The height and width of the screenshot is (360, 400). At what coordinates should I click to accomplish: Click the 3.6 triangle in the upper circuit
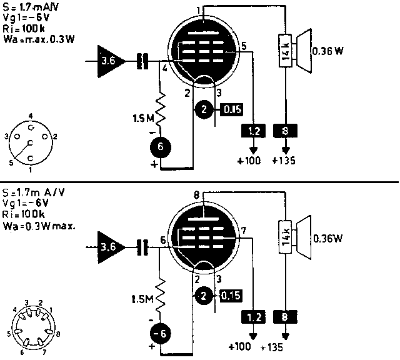[x=107, y=61]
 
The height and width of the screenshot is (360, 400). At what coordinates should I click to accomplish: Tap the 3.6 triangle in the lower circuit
[x=107, y=247]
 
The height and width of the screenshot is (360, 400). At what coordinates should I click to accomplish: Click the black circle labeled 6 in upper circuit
[x=160, y=147]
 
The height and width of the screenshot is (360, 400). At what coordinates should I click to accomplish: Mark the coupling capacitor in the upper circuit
[x=145, y=61]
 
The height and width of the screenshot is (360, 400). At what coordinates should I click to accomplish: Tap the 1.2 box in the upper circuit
[x=253, y=130]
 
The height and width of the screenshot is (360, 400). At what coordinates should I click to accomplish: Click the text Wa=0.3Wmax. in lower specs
[x=39, y=224]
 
